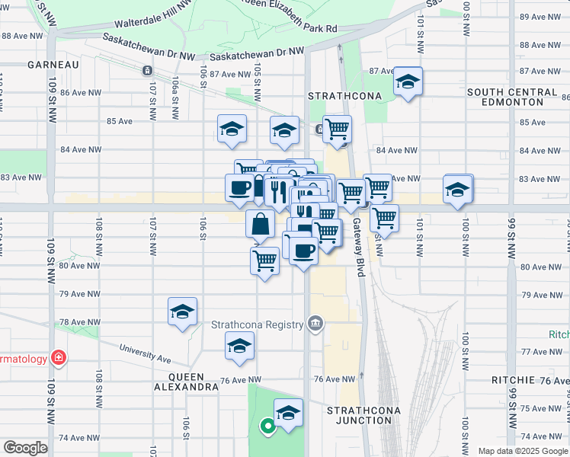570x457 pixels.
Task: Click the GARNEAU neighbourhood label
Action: click(53, 65)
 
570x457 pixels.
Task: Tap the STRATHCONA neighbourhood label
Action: click(338, 97)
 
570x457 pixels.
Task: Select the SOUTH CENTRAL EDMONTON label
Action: click(511, 97)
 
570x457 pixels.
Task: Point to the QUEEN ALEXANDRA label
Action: click(187, 382)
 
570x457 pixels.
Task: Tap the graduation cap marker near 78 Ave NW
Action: click(182, 311)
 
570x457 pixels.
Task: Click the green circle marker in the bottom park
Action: click(267, 427)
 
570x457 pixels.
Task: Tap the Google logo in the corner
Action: click(25, 448)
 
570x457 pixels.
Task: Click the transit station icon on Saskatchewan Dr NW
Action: click(146, 71)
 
